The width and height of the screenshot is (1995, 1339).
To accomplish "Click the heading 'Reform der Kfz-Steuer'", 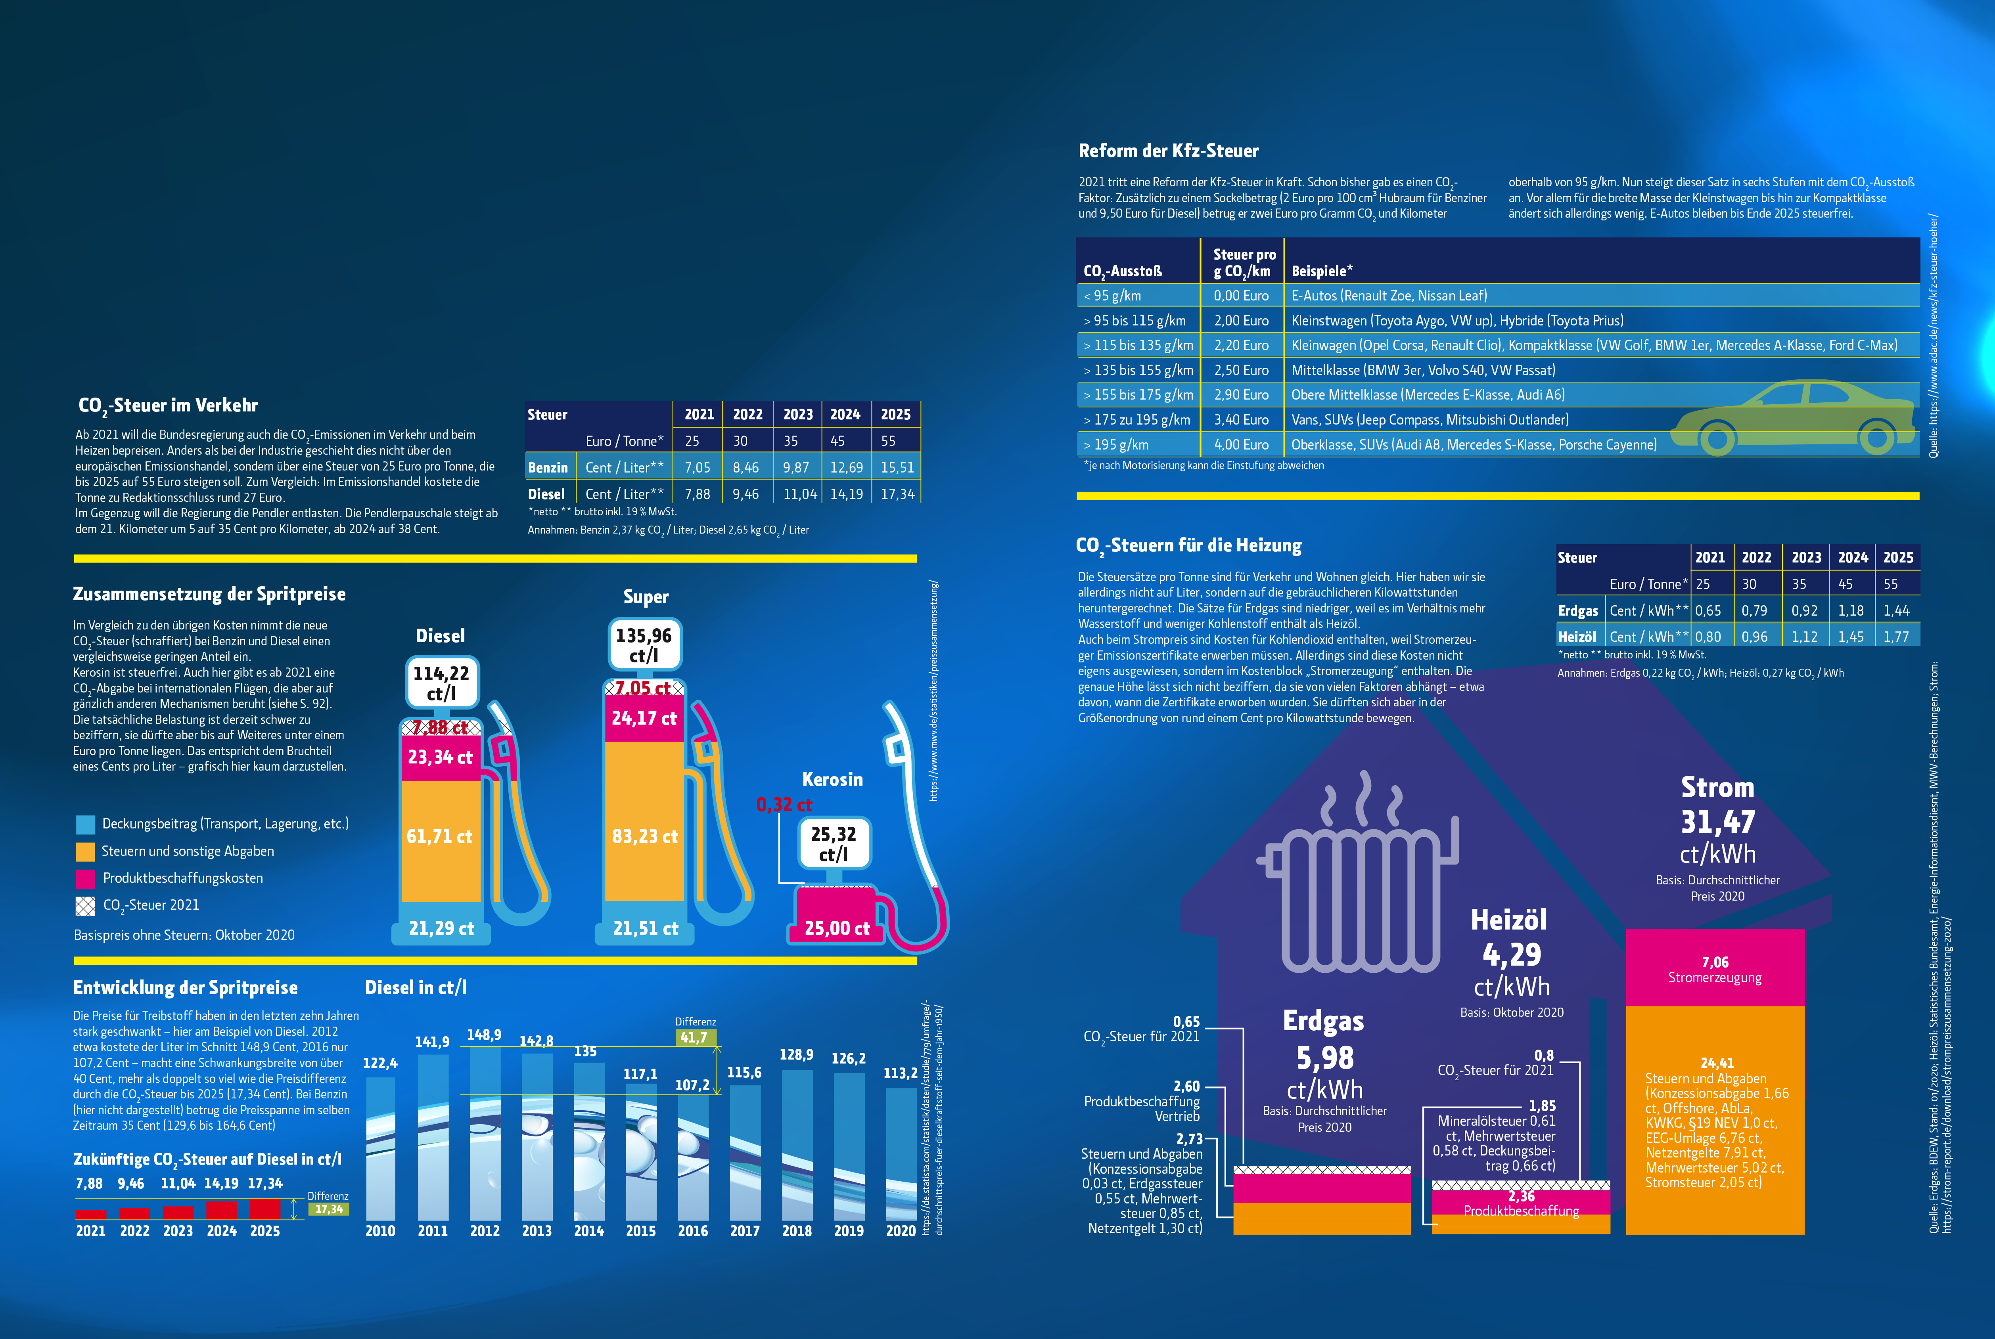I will click(x=1168, y=151).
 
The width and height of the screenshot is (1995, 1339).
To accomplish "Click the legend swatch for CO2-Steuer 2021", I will click(x=85, y=905).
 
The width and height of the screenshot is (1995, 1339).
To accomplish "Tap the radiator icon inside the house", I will click(x=1358, y=897).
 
